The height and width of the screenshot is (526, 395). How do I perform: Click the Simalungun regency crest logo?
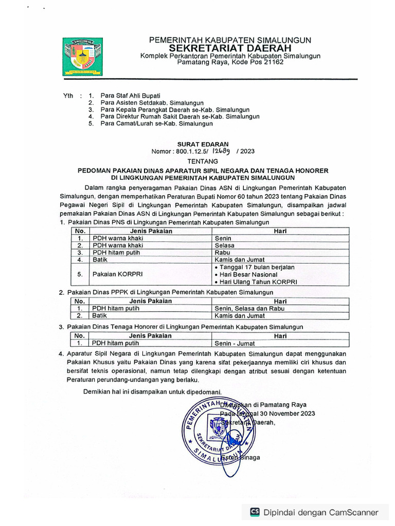(x=82, y=57)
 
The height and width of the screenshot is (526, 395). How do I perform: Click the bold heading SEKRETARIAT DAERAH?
(x=229, y=48)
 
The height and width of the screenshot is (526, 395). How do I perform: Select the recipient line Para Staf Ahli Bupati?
(x=130, y=96)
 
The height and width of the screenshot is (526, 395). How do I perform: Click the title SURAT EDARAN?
(x=203, y=144)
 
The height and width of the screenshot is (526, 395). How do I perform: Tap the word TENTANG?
(x=203, y=161)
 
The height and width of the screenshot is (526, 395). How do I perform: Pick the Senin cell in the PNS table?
(x=223, y=238)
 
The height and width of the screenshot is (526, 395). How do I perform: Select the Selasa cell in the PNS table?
(x=224, y=246)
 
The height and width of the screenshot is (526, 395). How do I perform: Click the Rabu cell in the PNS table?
(x=223, y=253)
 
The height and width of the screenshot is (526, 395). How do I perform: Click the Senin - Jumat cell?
(x=235, y=343)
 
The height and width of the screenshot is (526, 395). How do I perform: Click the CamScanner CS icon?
(x=255, y=512)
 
